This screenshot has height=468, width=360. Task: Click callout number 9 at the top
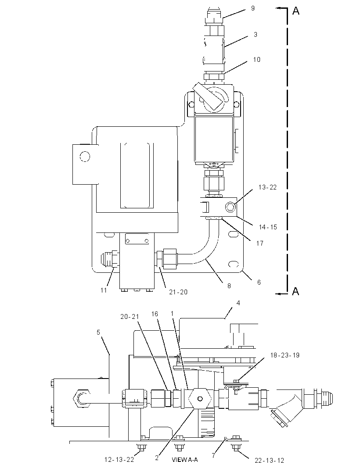click(x=253, y=8)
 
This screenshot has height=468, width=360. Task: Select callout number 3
click(x=256, y=35)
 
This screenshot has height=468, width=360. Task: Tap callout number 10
click(x=257, y=60)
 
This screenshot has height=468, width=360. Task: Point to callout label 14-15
click(x=268, y=227)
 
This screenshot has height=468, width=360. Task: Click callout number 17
click(x=259, y=243)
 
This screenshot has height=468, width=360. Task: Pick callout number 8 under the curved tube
click(x=229, y=286)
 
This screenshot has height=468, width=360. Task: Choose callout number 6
click(x=259, y=282)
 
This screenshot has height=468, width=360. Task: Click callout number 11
click(x=103, y=290)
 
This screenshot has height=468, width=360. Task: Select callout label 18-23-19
click(x=285, y=355)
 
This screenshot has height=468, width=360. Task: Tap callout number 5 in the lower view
click(x=98, y=332)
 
